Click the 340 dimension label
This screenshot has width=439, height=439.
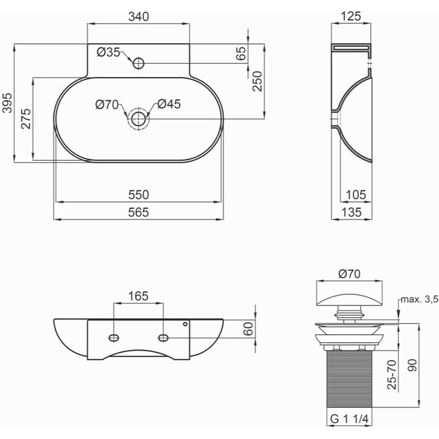tap(139, 17)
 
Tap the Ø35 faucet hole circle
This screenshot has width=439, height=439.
tap(138, 63)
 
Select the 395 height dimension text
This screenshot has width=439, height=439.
tap(8, 103)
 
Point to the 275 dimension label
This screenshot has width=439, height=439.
tap(26, 119)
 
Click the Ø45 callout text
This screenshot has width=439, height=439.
tap(169, 104)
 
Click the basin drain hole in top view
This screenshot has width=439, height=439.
tap(138, 119)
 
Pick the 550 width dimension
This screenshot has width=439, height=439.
tap(139, 194)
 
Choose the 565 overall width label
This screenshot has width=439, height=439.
tap(139, 212)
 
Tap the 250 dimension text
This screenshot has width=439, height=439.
tap(258, 81)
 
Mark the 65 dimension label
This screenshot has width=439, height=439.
tap(241, 53)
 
